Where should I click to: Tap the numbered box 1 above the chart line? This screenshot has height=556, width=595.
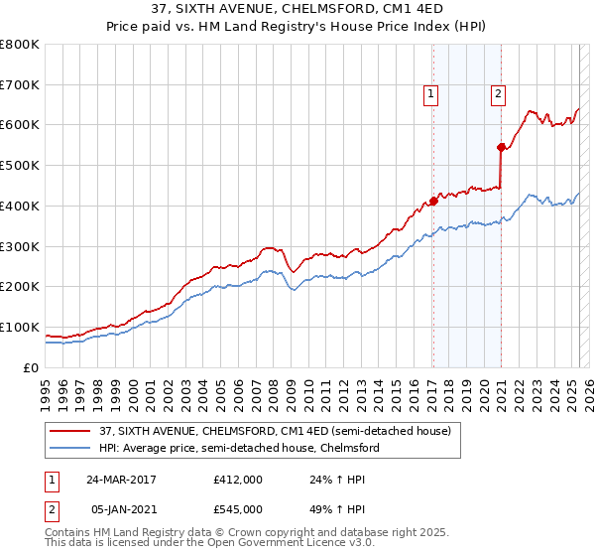point(432,95)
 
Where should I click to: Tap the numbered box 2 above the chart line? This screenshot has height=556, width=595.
point(498,95)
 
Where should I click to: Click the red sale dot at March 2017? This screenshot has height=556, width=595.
point(433,201)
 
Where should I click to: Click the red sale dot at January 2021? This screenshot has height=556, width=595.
point(501,147)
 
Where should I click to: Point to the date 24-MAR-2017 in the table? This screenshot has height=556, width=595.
point(121,480)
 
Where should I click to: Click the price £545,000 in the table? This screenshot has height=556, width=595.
point(238,509)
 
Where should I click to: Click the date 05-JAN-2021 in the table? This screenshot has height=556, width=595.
point(121,509)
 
